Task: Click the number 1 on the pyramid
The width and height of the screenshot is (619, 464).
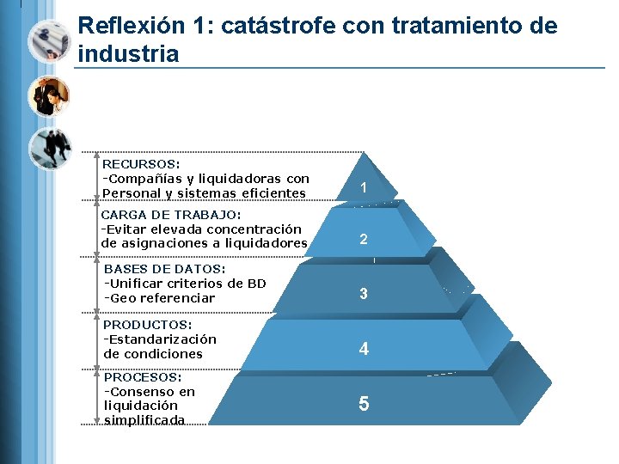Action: pyautogui.click(x=364, y=187)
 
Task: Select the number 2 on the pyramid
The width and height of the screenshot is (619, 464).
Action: pyautogui.click(x=364, y=239)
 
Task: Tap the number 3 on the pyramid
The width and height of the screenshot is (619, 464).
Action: pyautogui.click(x=364, y=294)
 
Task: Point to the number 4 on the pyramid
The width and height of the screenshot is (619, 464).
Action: pyautogui.click(x=365, y=349)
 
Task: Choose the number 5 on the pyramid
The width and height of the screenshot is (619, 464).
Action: pyautogui.click(x=364, y=403)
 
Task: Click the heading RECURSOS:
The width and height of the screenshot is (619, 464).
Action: pyautogui.click(x=141, y=163)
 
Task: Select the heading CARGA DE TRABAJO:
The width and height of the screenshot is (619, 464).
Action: pyautogui.click(x=171, y=215)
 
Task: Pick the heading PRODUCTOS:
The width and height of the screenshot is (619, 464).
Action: pyautogui.click(x=147, y=325)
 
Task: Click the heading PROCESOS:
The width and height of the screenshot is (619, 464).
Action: pyautogui.click(x=143, y=377)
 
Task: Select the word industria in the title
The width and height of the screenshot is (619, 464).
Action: pyautogui.click(x=128, y=54)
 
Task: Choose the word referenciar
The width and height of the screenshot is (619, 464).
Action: pyautogui.click(x=175, y=298)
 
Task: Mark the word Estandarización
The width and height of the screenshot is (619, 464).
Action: pyautogui.click(x=163, y=339)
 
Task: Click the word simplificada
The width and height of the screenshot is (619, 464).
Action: pyautogui.click(x=144, y=419)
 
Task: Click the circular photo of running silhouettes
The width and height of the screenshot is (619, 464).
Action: pyautogui.click(x=49, y=149)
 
